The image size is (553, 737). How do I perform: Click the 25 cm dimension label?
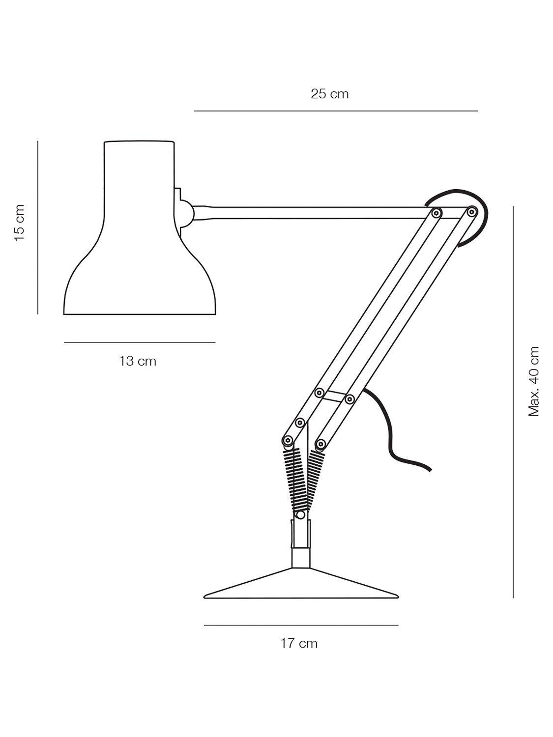tap(330, 94)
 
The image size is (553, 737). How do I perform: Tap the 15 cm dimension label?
tap(20, 223)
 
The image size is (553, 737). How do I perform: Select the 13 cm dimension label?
tap(138, 361)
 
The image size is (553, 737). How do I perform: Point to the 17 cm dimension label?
tap(299, 643)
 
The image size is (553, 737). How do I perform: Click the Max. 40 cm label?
tap(533, 381)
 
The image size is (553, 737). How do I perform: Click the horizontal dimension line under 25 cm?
tap(336, 111)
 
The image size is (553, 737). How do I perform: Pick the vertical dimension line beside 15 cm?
tap(38, 227)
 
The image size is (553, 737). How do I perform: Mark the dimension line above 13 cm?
tap(140, 342)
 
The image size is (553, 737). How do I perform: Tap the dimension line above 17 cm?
tap(301, 625)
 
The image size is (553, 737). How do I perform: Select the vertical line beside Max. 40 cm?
tap(513, 402)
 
